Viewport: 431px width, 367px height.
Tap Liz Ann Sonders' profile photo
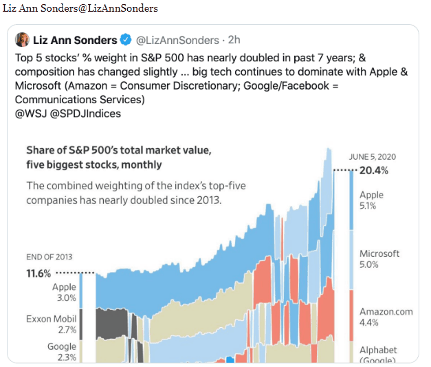point(22,40)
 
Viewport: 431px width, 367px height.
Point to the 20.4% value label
point(374,171)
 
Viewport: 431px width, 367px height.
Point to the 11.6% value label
point(38,273)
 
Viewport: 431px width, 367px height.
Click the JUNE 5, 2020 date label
point(373,157)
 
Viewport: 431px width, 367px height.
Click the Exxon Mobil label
point(51,319)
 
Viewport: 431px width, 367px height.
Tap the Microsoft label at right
point(379,253)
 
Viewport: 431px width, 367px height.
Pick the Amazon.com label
point(386,311)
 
